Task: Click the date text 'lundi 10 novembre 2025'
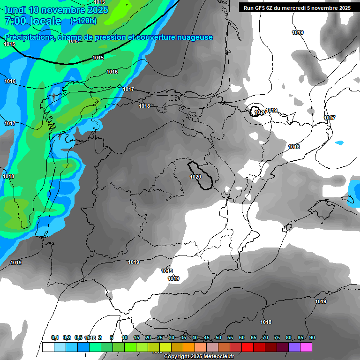[56, 10]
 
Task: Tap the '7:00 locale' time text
[32, 21]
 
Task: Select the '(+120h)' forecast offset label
[83, 21]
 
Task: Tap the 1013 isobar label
[99, 2]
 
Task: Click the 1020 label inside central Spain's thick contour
[195, 177]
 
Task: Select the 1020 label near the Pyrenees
[261, 112]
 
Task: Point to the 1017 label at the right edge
[330, 118]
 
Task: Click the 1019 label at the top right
[297, 32]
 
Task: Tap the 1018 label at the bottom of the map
[266, 322]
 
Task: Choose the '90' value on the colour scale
[312, 337]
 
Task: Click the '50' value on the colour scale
[218, 337]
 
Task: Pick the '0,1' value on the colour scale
[55, 337]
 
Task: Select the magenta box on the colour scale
[306, 347]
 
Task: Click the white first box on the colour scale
[48, 347]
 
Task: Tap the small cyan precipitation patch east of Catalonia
[339, 142]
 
